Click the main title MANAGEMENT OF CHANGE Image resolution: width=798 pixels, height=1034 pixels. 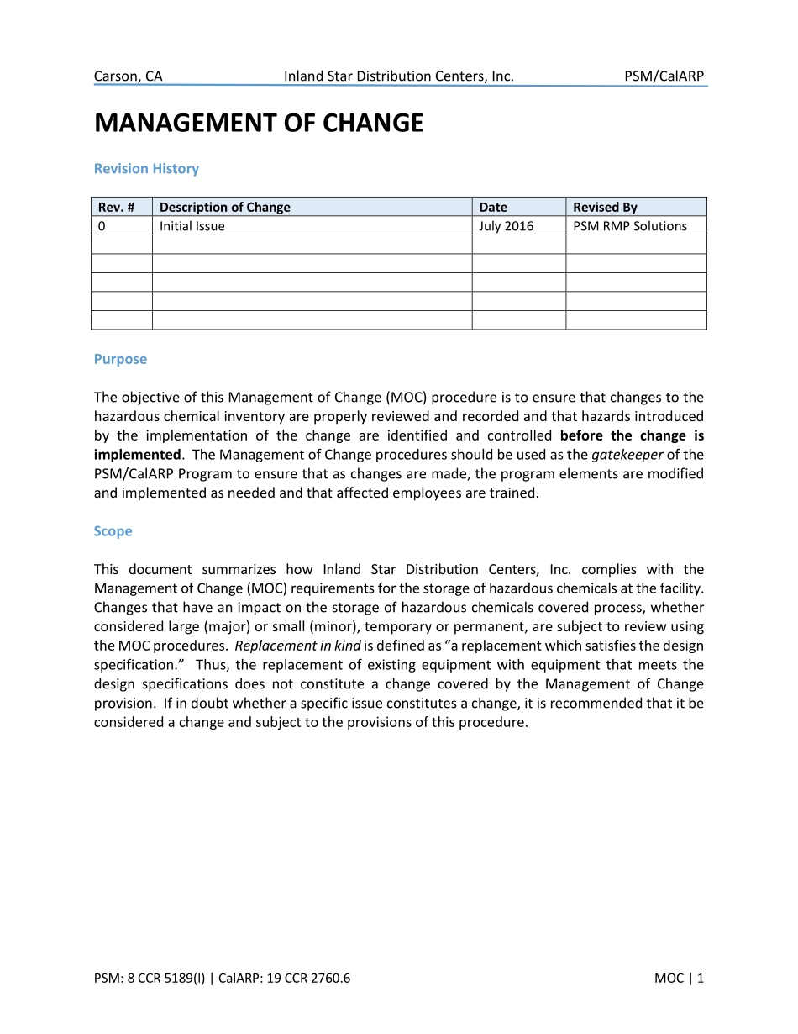(x=259, y=124)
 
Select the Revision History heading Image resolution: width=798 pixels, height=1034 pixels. (x=146, y=169)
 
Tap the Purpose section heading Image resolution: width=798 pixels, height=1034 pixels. (x=120, y=359)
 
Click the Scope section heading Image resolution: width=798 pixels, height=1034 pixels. (x=113, y=531)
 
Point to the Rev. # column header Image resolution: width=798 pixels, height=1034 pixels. (x=116, y=207)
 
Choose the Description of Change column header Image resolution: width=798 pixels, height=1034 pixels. (x=224, y=207)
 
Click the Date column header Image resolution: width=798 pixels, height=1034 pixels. (x=493, y=207)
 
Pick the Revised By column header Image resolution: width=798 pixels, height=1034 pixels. (x=605, y=207)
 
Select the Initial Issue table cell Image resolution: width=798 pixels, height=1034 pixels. (x=192, y=226)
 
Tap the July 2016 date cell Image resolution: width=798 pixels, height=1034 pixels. (x=506, y=226)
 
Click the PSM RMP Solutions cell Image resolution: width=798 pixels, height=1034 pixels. (x=629, y=226)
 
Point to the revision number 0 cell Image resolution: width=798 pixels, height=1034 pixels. (x=102, y=226)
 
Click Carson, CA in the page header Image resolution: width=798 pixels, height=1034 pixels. (x=128, y=76)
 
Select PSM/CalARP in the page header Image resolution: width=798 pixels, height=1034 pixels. (x=664, y=76)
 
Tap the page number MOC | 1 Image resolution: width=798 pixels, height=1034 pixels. (x=679, y=978)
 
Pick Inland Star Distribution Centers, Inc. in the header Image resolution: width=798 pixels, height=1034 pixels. (x=398, y=76)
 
